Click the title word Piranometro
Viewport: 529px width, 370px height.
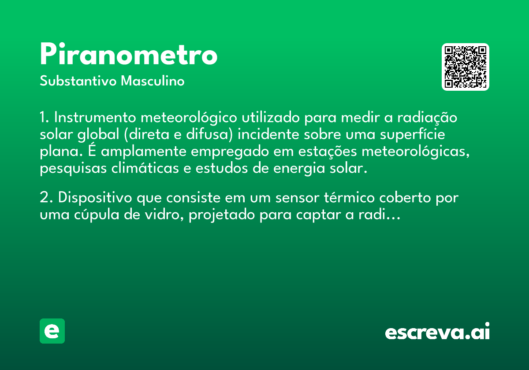[x=128, y=54]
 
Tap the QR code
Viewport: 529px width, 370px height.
[x=465, y=67]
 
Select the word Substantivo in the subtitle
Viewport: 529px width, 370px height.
[x=78, y=81]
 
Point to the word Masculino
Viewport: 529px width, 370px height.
[x=153, y=81]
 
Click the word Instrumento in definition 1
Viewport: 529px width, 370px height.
[x=95, y=117]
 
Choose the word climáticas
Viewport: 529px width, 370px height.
[x=145, y=168]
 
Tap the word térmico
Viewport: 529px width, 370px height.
[x=349, y=197]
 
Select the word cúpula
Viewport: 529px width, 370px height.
[x=97, y=215]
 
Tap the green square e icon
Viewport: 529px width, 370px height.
[x=52, y=331]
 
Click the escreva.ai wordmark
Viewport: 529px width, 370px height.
[x=437, y=331]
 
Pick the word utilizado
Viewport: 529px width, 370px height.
[x=271, y=117]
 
